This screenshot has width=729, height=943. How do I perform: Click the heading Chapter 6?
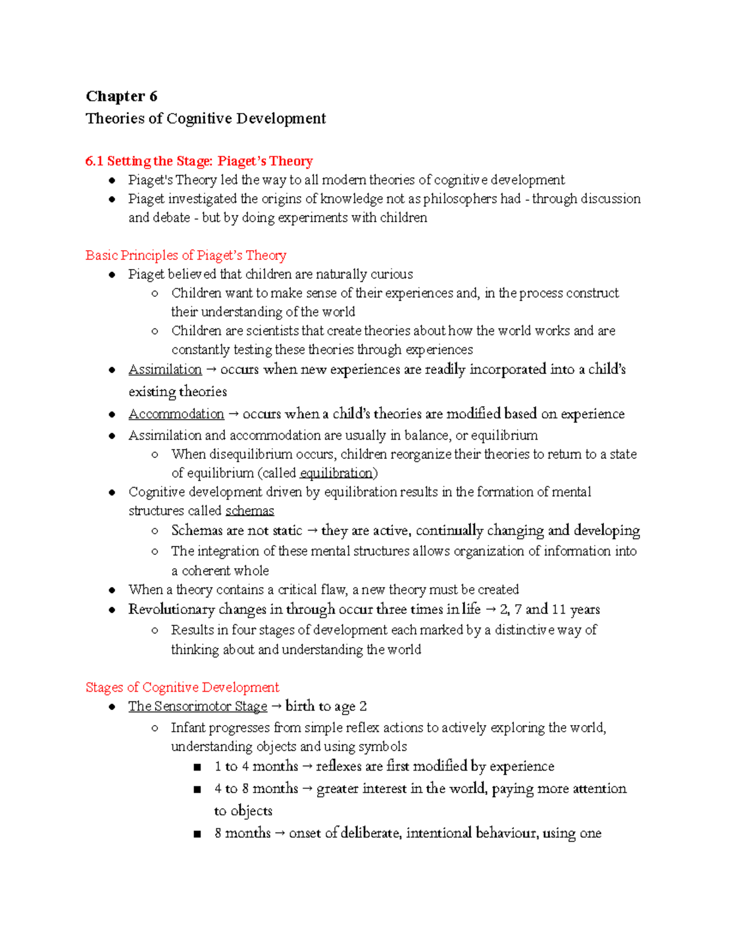[122, 97]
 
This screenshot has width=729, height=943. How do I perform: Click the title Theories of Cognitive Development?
[205, 118]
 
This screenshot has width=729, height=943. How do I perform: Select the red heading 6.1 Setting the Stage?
[199, 161]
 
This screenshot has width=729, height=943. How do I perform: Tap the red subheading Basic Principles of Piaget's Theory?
[185, 255]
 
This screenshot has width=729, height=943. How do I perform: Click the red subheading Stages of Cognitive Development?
[182, 687]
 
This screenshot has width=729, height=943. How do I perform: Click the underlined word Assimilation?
[165, 370]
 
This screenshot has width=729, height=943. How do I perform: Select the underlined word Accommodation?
[176, 414]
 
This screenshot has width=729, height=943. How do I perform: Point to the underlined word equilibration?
[336, 473]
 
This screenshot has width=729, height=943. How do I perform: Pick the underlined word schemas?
[249, 511]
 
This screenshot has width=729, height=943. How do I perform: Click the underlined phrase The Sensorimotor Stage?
[197, 706]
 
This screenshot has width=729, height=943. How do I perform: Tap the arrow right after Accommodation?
[233, 414]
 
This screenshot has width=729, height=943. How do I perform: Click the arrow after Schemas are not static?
[312, 531]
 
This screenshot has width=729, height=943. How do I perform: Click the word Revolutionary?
[171, 609]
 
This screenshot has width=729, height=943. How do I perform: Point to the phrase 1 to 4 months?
[256, 766]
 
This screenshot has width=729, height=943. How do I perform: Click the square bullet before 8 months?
[197, 834]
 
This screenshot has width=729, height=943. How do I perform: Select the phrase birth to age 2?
[326, 706]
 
